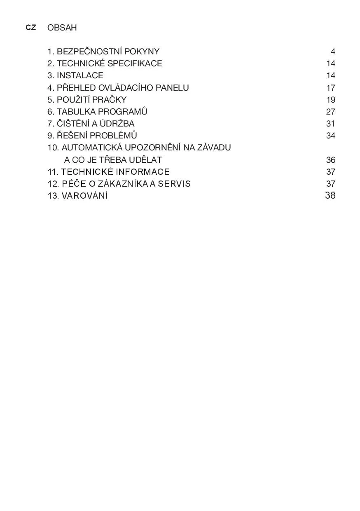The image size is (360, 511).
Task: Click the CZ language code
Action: tap(30, 28)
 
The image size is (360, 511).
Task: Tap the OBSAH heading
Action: tap(62, 28)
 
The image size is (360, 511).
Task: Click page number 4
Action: tap(333, 52)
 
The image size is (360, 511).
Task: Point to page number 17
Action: tap(330, 88)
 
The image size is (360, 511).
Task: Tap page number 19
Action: tap(330, 100)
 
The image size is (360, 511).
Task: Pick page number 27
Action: tap(330, 112)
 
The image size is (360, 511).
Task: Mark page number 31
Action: tap(330, 124)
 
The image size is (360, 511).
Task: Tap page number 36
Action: tap(330, 160)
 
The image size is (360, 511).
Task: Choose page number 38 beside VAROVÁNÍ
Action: tap(330, 195)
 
